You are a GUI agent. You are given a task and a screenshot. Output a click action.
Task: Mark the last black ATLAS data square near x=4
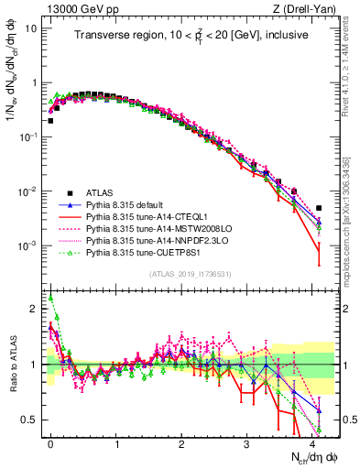[319, 208]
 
